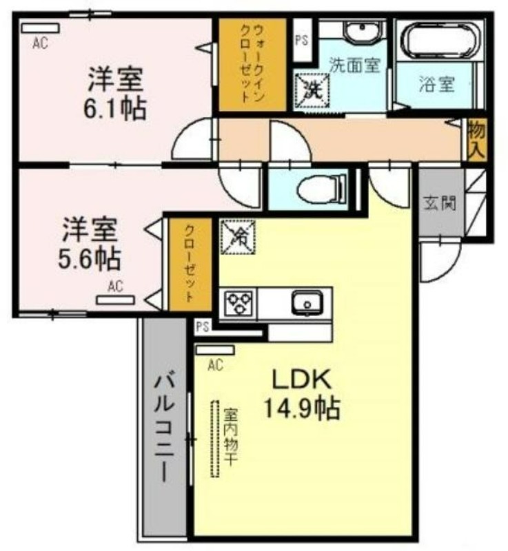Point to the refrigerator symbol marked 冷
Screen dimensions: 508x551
pyautogui.click(x=238, y=236)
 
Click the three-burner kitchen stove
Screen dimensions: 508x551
pyautogui.click(x=238, y=303)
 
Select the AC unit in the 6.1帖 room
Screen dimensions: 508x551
pyautogui.click(x=40, y=28)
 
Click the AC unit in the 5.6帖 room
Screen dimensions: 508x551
pyautogui.click(x=116, y=300)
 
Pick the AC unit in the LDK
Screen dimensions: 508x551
pyautogui.click(x=216, y=350)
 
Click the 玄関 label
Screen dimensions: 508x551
pyautogui.click(x=440, y=202)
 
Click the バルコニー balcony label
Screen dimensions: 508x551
pyautogui.click(x=165, y=428)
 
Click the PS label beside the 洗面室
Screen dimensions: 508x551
pyautogui.click(x=302, y=41)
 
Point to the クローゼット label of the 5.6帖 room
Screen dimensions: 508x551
pyautogui.click(x=190, y=264)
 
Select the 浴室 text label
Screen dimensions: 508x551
pyautogui.click(x=437, y=84)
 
